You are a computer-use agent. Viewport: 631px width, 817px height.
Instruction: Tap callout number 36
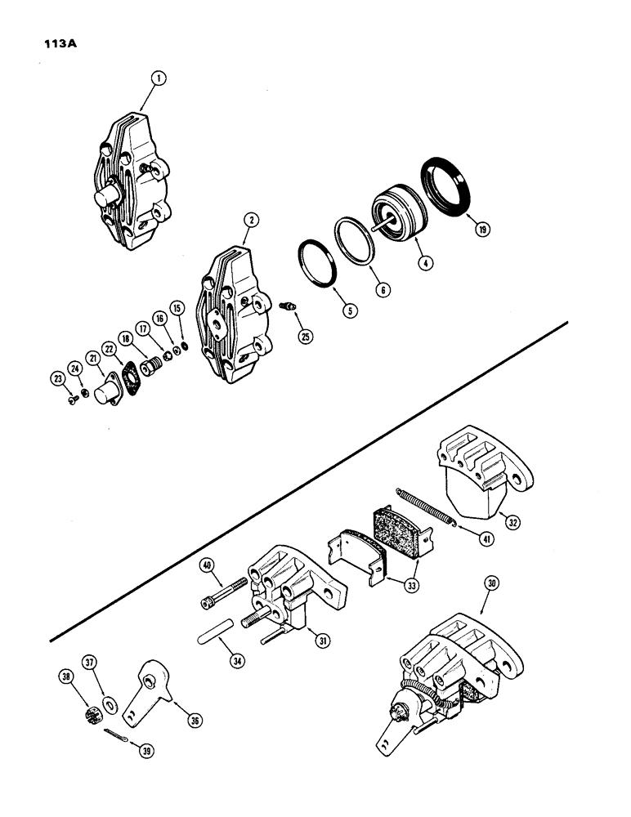coord(194,721)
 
